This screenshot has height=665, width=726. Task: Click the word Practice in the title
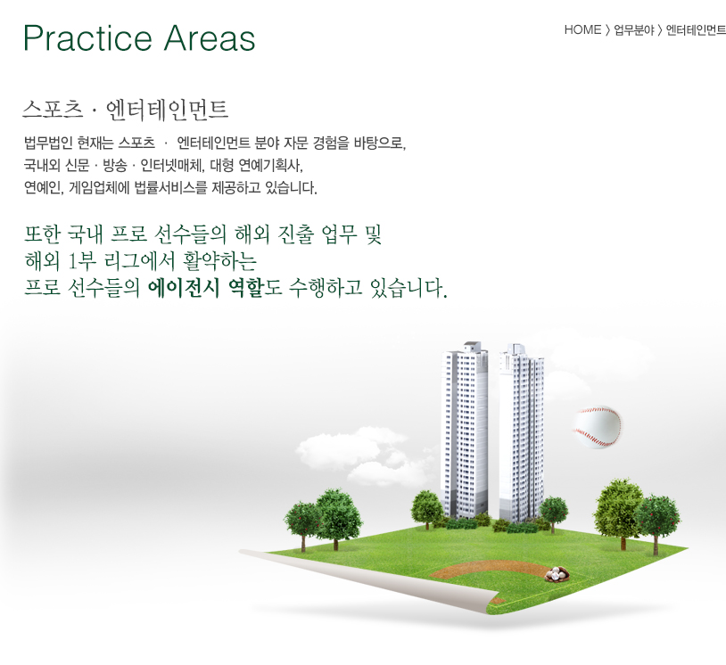87,38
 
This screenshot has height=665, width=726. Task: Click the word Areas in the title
210,38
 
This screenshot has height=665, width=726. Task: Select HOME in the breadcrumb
582,30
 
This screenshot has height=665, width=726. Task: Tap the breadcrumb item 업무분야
634,30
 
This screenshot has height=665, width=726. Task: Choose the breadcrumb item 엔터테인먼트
696,30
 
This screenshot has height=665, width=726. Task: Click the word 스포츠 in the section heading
53,111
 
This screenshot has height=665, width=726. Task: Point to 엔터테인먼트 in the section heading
167,111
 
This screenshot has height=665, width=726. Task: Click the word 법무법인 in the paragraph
47,143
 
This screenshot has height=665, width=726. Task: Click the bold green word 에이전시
184,288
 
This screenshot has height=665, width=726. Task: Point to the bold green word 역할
246,288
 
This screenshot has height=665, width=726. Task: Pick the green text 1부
82,261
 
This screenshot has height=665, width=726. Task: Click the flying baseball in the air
598,427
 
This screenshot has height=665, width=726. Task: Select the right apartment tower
521,432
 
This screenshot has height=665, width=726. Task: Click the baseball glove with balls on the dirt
556,574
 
